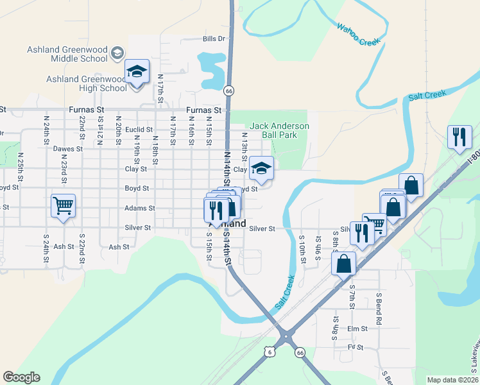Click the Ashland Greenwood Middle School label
(67, 54)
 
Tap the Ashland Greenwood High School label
(87, 83)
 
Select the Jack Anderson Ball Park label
(279, 130)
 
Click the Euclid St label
(139, 129)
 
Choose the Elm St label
(357, 329)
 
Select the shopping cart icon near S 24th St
(63, 206)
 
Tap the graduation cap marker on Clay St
(261, 168)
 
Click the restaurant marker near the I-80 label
(459, 137)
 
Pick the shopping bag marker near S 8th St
(344, 263)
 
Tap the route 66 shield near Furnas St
(228, 91)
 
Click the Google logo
(22, 377)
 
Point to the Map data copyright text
(452, 380)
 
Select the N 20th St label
(119, 127)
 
